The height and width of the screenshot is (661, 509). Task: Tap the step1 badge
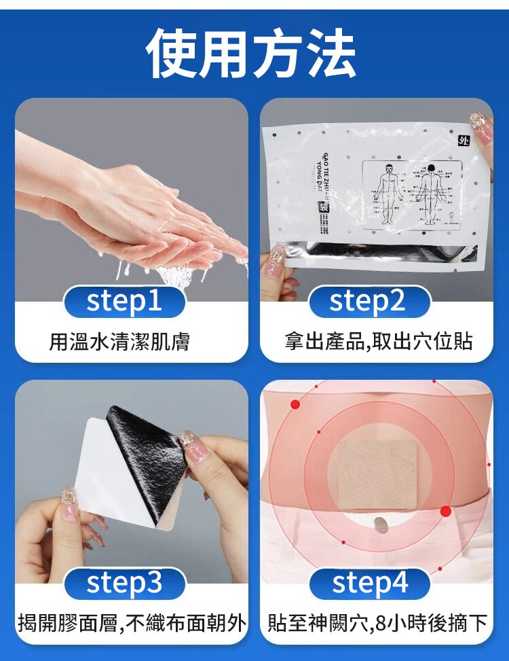(124, 302)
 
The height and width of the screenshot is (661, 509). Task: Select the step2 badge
(369, 302)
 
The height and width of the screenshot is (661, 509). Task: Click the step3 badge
(124, 584)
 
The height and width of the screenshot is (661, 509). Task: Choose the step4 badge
(369, 584)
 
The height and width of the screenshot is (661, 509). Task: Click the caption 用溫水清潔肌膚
(119, 342)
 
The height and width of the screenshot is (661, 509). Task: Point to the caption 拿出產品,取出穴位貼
(378, 342)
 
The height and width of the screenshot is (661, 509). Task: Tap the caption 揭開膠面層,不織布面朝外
(132, 622)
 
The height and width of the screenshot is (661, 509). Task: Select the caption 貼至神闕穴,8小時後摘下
(377, 622)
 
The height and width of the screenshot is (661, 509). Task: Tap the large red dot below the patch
(445, 511)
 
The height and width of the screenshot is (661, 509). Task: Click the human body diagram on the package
(407, 194)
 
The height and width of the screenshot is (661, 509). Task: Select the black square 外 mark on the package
(464, 141)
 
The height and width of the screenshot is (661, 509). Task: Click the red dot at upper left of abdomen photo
(295, 404)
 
